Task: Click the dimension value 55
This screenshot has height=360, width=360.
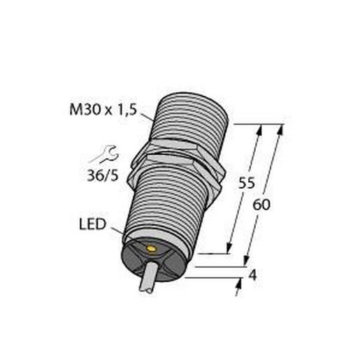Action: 246,184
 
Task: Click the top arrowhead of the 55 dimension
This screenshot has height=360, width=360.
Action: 261,130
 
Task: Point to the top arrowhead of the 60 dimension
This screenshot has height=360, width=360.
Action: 280,130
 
